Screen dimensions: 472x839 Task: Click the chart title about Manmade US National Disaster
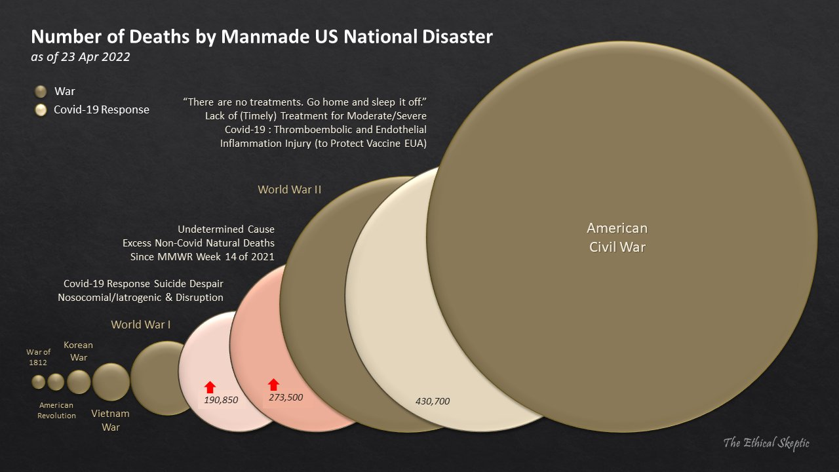tap(262, 37)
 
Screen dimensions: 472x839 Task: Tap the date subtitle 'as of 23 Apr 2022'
tap(81, 57)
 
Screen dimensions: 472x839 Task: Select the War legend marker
tap(41, 92)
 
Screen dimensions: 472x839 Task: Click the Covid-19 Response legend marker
tap(41, 110)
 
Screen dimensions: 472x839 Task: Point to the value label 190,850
tap(221, 400)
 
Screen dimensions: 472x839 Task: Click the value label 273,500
tap(286, 397)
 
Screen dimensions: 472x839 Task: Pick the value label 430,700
tap(433, 401)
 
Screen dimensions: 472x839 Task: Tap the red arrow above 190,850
tap(210, 387)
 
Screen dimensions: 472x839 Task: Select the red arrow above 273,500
tap(274, 385)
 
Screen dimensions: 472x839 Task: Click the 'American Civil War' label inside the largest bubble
tap(617, 238)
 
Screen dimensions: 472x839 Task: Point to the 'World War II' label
tap(289, 189)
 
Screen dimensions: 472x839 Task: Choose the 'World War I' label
tap(141, 324)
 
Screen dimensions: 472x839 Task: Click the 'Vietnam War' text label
tap(110, 420)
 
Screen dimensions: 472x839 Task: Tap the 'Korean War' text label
tap(78, 351)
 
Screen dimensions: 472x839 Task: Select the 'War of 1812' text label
tap(38, 357)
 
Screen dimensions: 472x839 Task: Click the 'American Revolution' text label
tap(56, 410)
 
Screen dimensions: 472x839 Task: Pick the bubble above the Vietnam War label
tap(111, 382)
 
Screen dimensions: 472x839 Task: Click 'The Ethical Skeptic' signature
tap(766, 443)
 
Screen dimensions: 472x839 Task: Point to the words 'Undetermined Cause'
tap(226, 229)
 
